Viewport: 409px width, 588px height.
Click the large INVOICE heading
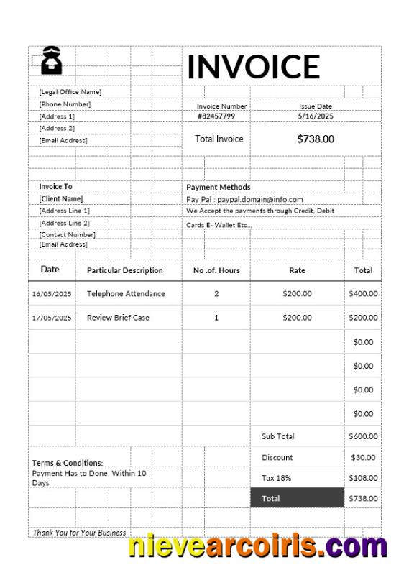pos(253,66)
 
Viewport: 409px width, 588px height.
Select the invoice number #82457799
pos(216,116)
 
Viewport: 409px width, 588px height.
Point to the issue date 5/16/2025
pos(316,116)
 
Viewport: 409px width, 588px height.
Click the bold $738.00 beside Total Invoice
pos(316,139)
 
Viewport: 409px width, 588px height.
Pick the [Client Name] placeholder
pos(61,198)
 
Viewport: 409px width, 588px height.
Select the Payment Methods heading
pos(219,187)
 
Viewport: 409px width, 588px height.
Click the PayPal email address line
pos(244,199)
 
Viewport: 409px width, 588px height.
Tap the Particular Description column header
pos(125,270)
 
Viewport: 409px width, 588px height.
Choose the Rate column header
pos(297,270)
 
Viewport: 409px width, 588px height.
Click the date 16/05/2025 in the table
pos(52,294)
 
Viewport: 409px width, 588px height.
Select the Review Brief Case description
pos(118,318)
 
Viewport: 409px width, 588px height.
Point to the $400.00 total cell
pos(363,294)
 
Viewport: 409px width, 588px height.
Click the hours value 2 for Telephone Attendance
pos(216,294)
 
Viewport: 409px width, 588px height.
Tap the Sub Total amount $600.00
pos(363,436)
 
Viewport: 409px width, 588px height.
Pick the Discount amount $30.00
pos(363,457)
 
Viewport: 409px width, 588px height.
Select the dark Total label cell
pos(297,498)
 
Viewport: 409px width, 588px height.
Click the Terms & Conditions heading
pos(68,463)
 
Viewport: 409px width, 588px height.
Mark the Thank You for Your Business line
pos(79,533)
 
